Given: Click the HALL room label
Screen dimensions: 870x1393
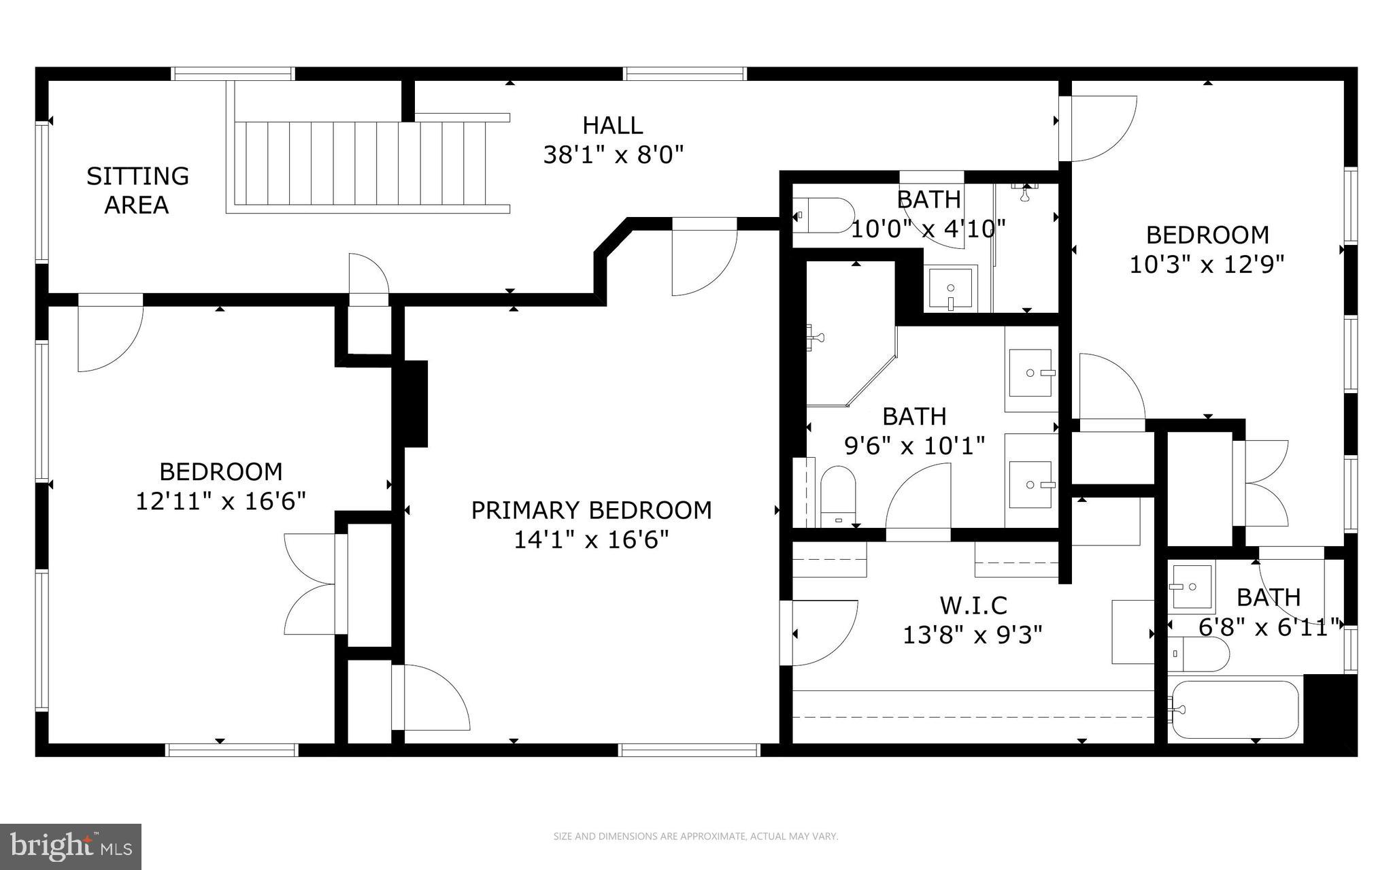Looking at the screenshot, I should tap(612, 125).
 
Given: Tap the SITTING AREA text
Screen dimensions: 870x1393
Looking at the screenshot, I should tap(137, 190).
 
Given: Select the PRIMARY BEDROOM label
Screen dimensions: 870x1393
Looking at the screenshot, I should tap(591, 510).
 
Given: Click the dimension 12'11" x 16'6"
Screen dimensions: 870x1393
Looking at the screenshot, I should tap(220, 501).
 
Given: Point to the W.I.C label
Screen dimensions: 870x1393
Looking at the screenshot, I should tap(973, 605).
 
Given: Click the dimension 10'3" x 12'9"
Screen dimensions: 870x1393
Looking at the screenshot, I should tap(1207, 264).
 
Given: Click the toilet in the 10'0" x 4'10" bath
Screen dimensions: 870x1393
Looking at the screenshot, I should tap(823, 215).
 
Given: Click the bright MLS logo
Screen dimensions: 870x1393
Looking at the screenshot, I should tap(71, 846).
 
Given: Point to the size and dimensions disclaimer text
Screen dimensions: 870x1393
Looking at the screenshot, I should tap(695, 837).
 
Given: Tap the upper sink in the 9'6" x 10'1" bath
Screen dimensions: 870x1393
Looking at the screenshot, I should tap(1030, 373).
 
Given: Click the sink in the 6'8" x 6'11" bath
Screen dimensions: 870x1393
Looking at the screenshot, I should tap(1191, 586).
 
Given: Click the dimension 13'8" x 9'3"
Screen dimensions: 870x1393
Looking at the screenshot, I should tap(973, 635).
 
